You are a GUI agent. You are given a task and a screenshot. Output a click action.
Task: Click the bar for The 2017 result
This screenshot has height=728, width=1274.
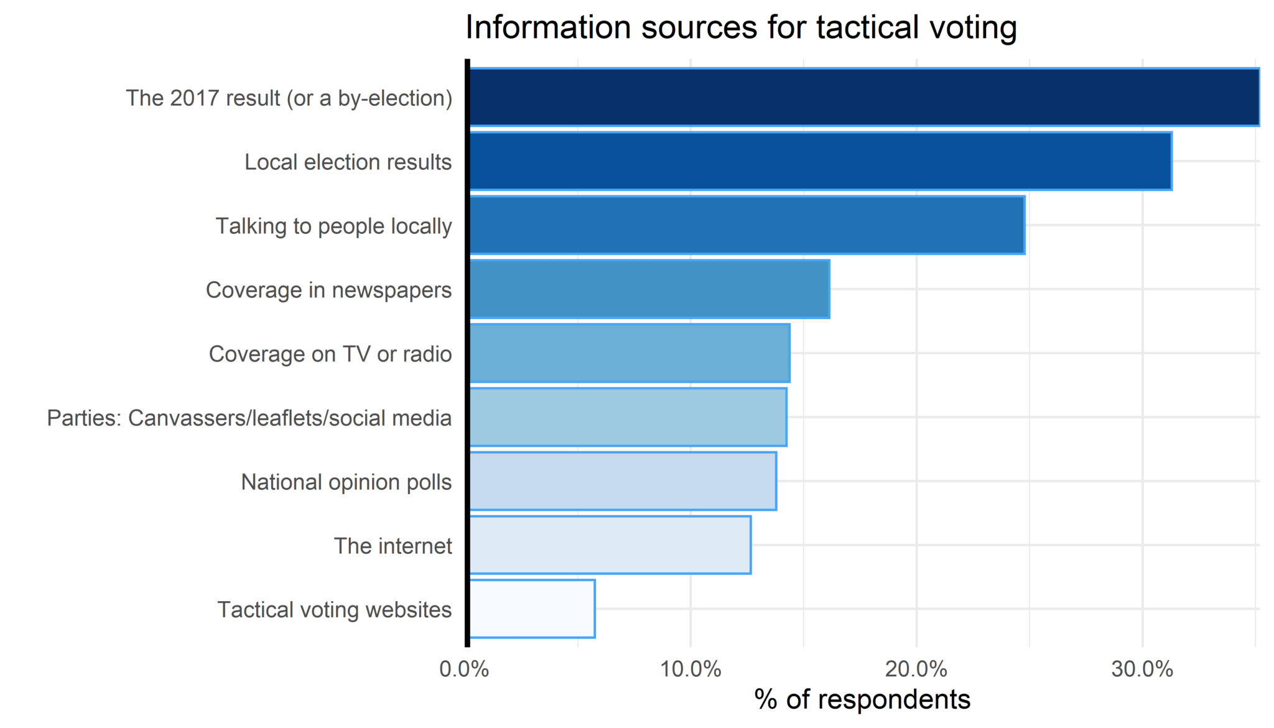pos(863,97)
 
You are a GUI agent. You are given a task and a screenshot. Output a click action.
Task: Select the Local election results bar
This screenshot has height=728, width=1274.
pos(820,161)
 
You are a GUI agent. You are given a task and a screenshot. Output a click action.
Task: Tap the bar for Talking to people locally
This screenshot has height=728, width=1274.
pos(746,225)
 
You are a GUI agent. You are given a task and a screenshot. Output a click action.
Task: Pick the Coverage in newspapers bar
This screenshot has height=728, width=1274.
pos(649,289)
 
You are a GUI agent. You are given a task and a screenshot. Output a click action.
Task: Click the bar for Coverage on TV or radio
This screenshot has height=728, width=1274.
pos(629,353)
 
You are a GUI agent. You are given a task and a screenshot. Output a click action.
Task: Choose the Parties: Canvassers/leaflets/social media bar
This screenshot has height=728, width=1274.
pos(627,417)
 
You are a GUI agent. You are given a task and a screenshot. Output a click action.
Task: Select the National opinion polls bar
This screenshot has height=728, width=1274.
pos(622,481)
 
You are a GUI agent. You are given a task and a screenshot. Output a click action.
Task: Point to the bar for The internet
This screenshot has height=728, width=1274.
pos(610,545)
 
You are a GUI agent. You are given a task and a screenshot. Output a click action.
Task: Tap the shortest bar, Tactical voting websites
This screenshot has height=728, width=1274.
pos(531,609)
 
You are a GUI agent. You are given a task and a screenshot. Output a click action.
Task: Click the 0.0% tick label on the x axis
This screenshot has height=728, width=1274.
pos(464,670)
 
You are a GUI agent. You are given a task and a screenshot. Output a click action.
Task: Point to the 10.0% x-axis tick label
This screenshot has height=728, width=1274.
pos(690,670)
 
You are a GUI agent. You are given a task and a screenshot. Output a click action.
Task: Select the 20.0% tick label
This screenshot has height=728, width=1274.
pos(916,670)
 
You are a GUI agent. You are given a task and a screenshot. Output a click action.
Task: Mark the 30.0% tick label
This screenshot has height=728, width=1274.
pos(1142,670)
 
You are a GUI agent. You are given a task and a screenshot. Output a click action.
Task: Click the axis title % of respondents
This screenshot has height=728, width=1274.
pos(862,700)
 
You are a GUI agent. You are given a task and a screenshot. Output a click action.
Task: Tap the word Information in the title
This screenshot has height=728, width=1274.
pos(550,27)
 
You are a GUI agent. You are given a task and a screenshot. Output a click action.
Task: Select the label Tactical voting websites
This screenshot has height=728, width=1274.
pos(334,610)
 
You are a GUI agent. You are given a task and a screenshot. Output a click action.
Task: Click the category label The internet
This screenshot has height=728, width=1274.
pos(393,546)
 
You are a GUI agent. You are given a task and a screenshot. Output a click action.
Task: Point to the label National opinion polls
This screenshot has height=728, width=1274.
pos(346,482)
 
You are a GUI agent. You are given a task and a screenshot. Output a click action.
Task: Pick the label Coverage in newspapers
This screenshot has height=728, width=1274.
pos(328,290)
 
